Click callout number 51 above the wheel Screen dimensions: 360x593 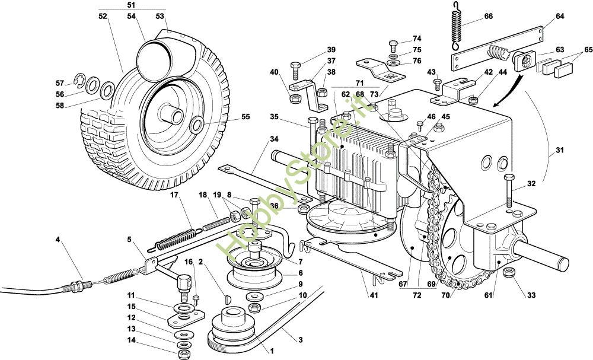[131, 5]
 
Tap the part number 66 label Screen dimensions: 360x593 [488, 17]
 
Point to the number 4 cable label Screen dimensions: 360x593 [58, 240]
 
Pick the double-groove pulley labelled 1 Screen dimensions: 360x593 [229, 332]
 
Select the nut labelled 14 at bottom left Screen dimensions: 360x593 [183, 354]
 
